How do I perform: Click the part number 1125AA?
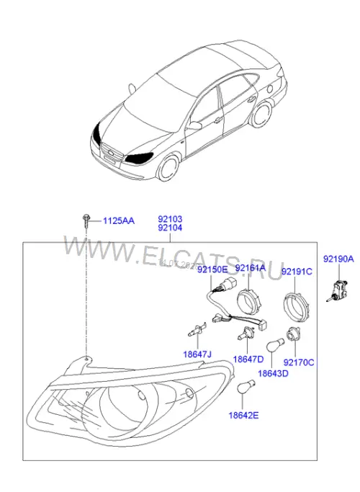coord(119,221)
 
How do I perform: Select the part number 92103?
coord(170,219)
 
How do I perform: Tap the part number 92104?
coord(170,228)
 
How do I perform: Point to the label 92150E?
coord(212,269)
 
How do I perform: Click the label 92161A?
coord(251,268)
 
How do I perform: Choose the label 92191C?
coord(297,272)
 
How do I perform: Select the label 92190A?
coord(338,259)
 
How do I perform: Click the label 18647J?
coord(197,354)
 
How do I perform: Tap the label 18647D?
coord(248,359)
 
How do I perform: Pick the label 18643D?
coord(273,373)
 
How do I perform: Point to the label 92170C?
coord(299,362)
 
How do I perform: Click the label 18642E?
coord(243,416)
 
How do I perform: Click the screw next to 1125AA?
coord(86,220)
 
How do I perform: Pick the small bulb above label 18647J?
coord(197,330)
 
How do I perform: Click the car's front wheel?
coord(168,169)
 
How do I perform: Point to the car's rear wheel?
coord(261,115)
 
